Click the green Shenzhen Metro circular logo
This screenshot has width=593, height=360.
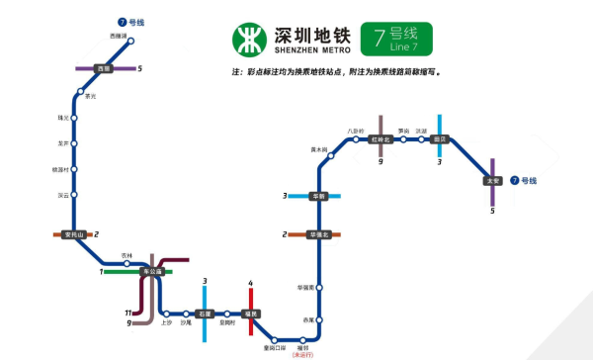point(250,39)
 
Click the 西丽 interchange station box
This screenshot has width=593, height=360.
point(103,68)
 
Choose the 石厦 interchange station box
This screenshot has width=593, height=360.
point(204,314)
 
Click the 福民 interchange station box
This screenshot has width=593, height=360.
point(252,314)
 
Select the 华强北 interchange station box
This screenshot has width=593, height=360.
point(318,234)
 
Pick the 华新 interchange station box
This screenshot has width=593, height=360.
point(318,196)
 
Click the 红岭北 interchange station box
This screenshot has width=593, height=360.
point(381,140)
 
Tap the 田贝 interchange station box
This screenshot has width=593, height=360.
point(440,140)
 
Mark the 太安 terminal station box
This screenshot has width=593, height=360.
point(492,181)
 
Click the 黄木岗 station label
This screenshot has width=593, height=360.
point(318,149)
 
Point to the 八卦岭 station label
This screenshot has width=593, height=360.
point(356,131)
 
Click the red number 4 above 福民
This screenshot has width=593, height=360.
point(251,284)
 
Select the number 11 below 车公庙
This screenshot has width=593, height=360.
point(128,313)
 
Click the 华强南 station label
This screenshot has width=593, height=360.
point(304,287)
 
